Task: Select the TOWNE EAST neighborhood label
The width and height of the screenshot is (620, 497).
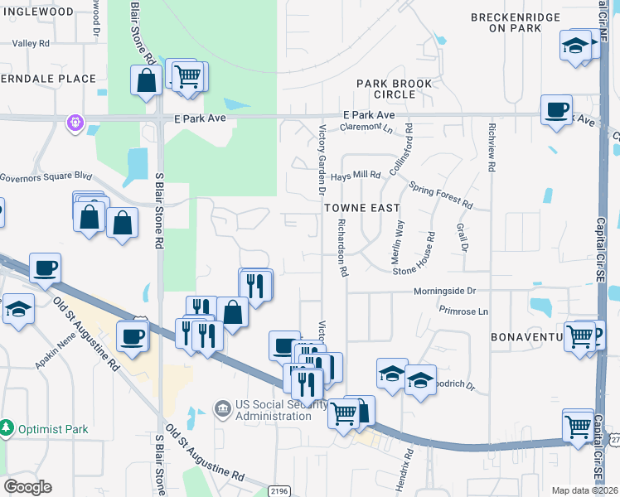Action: pyautogui.click(x=361, y=208)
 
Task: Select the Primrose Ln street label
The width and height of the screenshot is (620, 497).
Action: pyautogui.click(x=464, y=311)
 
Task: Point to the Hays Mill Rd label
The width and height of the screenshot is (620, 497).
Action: pyautogui.click(x=355, y=176)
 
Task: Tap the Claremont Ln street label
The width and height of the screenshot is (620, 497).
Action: pyautogui.click(x=365, y=128)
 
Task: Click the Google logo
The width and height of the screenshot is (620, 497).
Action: pyautogui.click(x=27, y=487)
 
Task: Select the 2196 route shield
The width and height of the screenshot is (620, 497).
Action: pyautogui.click(x=279, y=490)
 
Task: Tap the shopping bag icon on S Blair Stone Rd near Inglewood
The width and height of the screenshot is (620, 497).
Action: pyautogui.click(x=146, y=80)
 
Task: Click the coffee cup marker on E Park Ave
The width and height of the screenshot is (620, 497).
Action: pyautogui.click(x=555, y=109)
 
